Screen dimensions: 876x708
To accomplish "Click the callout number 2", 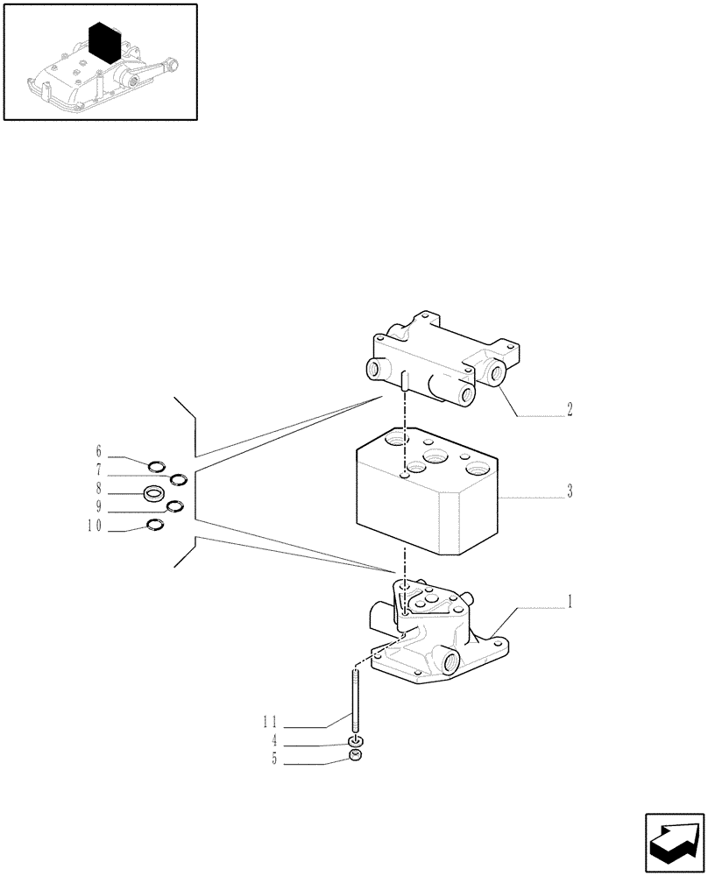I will click(570, 409).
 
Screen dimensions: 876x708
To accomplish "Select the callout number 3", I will click(570, 491).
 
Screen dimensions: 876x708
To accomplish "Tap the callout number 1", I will click(570, 602).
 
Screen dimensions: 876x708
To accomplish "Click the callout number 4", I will click(274, 740).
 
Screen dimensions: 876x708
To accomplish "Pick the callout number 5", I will click(274, 760).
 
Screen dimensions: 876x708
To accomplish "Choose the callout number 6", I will click(99, 451).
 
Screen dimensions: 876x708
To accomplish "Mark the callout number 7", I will click(99, 470).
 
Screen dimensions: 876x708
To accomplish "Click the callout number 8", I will click(99, 489).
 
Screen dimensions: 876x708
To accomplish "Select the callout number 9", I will click(99, 507).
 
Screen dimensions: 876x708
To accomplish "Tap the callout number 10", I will click(95, 526).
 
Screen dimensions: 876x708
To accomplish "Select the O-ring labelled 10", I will click(155, 525).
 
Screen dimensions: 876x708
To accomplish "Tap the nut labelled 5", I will click(355, 757).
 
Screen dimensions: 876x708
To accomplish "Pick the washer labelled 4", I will click(355, 741).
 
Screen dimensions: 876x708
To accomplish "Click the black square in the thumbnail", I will click(105, 42).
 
